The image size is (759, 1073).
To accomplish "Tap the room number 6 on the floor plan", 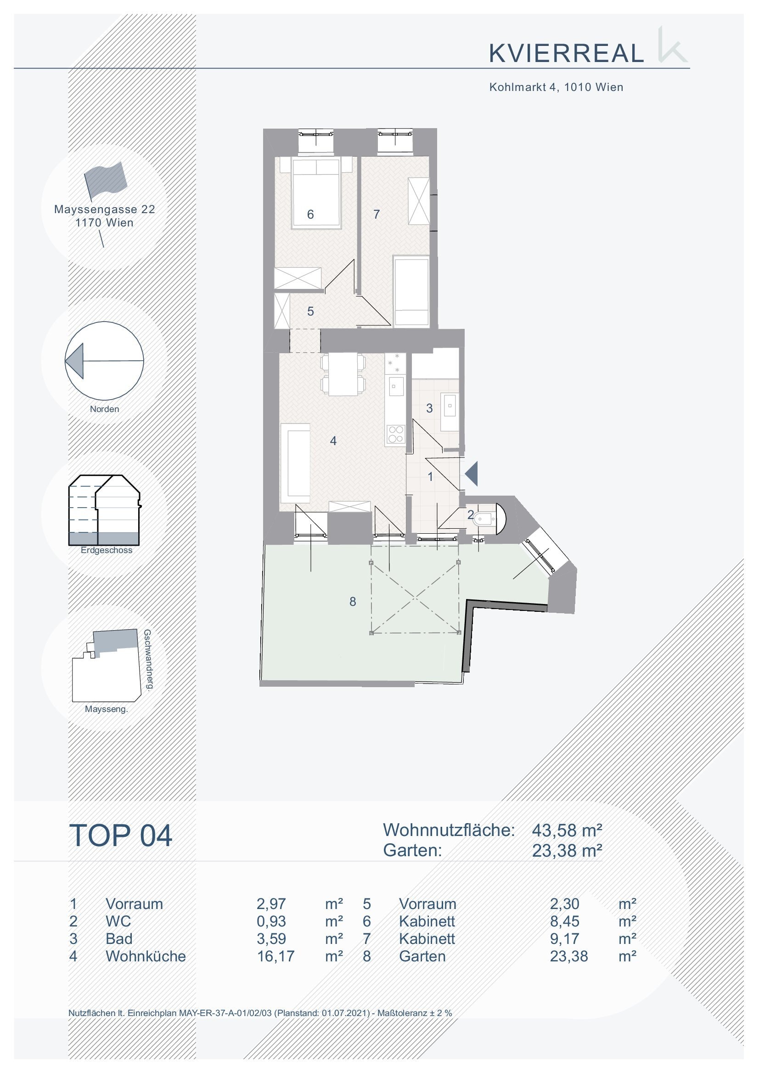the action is [310, 214].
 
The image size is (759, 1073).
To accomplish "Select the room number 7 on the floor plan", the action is [377, 214].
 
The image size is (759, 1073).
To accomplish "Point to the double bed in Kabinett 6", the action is [316, 193].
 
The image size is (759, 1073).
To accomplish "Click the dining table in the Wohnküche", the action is [343, 374].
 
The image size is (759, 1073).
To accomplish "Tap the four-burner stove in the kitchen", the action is [396, 434].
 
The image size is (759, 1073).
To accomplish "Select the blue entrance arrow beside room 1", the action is [471, 474].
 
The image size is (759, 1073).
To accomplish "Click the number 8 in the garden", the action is [353, 602].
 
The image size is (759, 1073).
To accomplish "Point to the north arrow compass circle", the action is [104, 361].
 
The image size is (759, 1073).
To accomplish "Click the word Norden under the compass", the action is [105, 409].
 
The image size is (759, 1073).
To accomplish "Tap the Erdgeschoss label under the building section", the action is [107, 550].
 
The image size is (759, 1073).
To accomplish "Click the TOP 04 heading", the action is [121, 836].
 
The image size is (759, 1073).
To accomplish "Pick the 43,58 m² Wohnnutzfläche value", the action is [567, 830].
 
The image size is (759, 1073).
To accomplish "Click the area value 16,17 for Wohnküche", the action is [276, 956].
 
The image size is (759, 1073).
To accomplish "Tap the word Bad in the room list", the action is [119, 939].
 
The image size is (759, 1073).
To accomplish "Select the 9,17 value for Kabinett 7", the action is [565, 939].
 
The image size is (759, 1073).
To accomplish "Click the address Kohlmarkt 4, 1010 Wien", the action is [556, 87].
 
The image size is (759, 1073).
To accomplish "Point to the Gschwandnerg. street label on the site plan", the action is [147, 660].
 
